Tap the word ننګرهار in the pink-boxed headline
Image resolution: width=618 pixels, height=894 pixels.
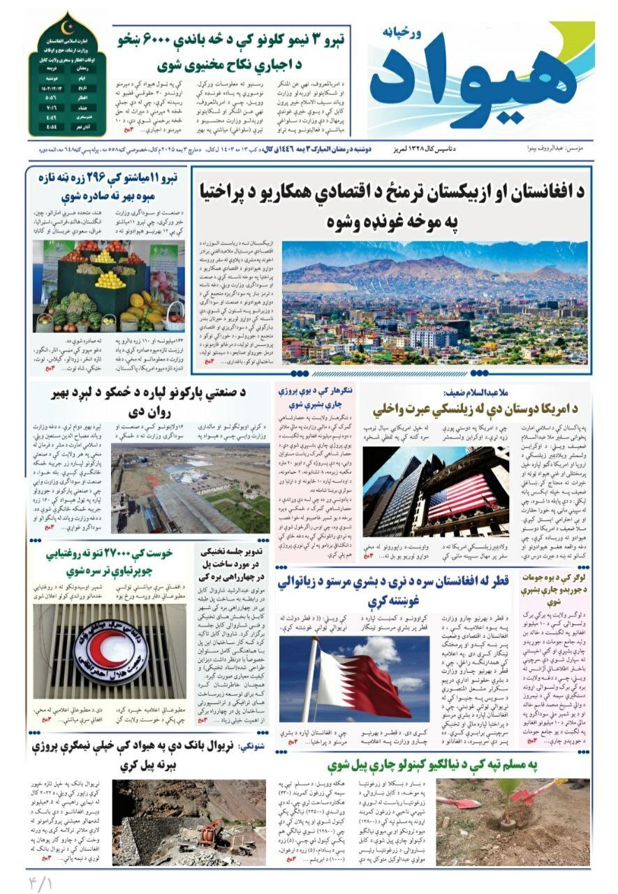337,391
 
